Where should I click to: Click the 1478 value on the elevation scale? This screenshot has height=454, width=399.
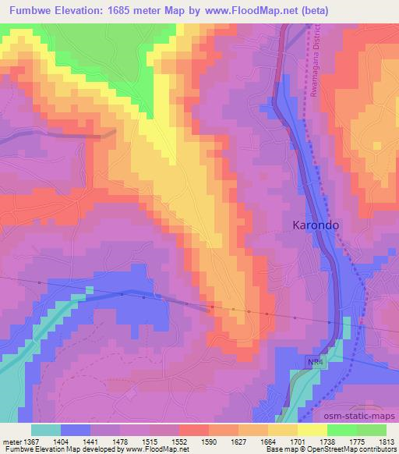tap(121, 442)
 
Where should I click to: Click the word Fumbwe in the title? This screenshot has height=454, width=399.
tap(27, 11)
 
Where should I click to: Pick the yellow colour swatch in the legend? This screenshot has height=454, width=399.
tap(311, 430)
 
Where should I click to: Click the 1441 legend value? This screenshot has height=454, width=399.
tap(91, 442)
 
